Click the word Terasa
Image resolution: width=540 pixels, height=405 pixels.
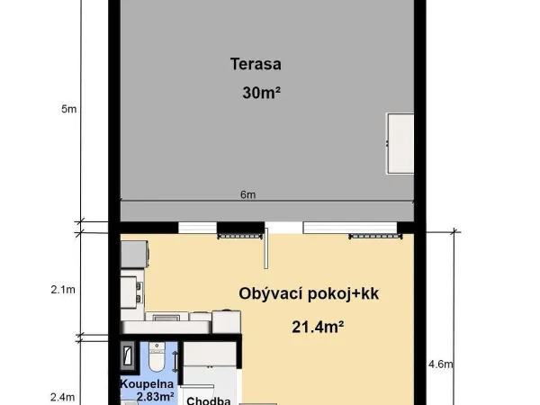[256, 65]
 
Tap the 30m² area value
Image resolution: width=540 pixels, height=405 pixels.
[261, 93]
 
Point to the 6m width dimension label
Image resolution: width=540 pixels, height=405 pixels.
[248, 194]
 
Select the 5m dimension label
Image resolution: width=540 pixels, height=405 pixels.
[69, 109]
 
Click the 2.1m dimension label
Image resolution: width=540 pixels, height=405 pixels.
[63, 290]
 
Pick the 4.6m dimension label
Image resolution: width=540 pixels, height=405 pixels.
[441, 364]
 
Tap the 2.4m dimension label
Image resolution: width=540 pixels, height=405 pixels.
[63, 398]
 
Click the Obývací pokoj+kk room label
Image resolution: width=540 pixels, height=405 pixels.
[309, 294]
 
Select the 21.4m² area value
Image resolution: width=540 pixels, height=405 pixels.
[318, 327]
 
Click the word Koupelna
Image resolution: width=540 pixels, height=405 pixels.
[147, 383]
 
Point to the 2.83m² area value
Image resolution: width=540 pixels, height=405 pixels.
[156, 396]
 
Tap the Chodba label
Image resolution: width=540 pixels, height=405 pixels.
[209, 400]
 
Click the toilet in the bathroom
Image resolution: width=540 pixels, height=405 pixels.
[157, 356]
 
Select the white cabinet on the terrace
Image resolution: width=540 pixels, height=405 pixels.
[400, 143]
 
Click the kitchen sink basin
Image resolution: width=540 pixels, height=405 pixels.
[166, 317]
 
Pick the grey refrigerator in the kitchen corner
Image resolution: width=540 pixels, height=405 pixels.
[135, 254]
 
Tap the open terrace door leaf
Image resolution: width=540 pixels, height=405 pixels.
[265, 248]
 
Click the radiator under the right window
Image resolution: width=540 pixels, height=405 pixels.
[375, 236]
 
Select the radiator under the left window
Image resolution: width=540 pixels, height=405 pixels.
[240, 236]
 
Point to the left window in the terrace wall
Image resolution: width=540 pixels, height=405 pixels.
[197, 228]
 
